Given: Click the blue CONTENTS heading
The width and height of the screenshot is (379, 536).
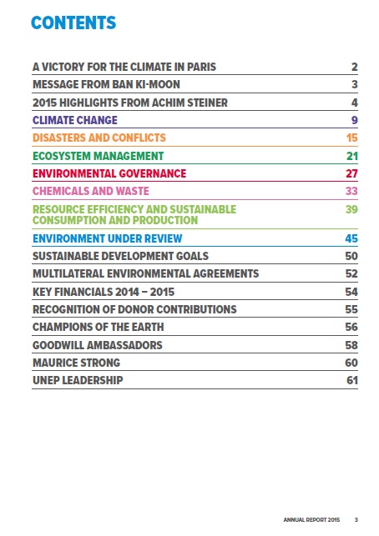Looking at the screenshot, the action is [x=73, y=23].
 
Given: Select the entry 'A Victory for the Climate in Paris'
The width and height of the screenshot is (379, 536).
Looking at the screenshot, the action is [x=124, y=67].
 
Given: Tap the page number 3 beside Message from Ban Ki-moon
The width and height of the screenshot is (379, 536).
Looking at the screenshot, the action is [x=354, y=84].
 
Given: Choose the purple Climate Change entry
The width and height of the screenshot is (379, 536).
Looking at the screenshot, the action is [x=75, y=120].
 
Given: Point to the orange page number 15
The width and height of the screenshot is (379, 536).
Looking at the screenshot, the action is [x=352, y=138].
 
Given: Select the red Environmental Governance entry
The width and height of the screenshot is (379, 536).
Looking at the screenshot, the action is [x=109, y=173].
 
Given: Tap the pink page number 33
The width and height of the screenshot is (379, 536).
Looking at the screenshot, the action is [x=351, y=191].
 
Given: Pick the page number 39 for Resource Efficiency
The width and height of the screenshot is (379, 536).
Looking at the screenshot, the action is [x=351, y=209].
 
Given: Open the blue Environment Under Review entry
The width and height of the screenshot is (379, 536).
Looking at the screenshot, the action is [x=108, y=238].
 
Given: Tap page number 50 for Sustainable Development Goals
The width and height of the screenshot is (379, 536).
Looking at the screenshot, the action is [x=351, y=256].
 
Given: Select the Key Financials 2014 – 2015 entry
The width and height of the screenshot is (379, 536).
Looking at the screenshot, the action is [x=104, y=292].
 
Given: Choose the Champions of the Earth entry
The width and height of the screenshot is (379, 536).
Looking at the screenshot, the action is [x=99, y=327].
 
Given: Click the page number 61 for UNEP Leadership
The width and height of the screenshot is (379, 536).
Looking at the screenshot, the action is [x=352, y=380].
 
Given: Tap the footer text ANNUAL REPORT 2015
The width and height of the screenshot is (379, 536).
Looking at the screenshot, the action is [x=311, y=519].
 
